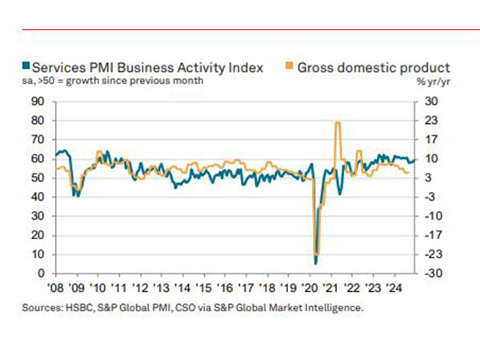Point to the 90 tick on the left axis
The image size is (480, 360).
pyautogui.click(x=37, y=101)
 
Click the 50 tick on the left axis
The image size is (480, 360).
pyautogui.click(x=37, y=178)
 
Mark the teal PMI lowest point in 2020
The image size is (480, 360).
pyautogui.click(x=316, y=262)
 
